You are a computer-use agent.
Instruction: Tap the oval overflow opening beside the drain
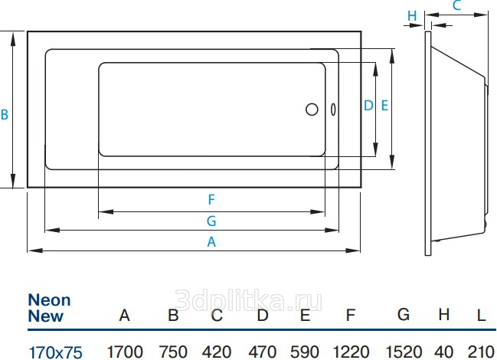[x=333, y=110]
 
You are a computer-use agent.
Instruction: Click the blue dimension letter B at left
[x=5, y=114]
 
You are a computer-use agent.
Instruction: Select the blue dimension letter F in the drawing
[x=211, y=200]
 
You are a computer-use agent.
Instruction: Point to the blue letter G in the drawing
[x=211, y=221]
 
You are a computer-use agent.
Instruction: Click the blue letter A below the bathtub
[x=211, y=242]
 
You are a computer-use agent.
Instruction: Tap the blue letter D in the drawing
[x=368, y=105]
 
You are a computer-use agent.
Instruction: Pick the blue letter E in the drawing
[x=384, y=105]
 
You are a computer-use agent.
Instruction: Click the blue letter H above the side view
[x=412, y=15]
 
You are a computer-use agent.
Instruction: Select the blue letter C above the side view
[x=456, y=5]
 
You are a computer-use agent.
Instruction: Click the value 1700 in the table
[x=125, y=352]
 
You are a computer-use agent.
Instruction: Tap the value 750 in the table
[x=173, y=352]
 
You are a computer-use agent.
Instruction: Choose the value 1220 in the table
[x=351, y=352]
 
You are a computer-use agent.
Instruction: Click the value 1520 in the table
[x=404, y=352]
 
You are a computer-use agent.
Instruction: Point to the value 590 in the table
[x=304, y=352]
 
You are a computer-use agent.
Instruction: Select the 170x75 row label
[x=55, y=352]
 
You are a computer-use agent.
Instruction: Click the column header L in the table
[x=482, y=315]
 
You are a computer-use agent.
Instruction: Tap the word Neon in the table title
[x=50, y=299]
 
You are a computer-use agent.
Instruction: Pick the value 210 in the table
[x=481, y=352]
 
